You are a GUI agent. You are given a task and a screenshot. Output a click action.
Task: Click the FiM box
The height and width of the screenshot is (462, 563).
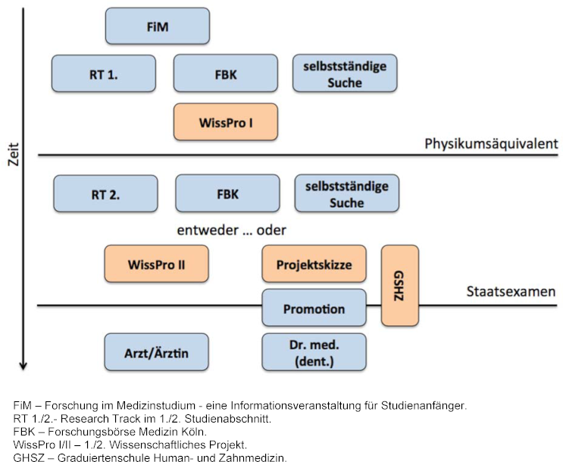(x=157, y=27)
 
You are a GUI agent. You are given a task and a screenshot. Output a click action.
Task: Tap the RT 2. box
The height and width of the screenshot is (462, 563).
(x=105, y=193)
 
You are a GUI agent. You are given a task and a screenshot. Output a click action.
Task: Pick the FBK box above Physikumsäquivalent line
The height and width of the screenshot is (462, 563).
(x=226, y=74)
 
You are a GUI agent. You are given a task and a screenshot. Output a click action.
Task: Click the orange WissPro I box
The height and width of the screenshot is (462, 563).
(x=226, y=122)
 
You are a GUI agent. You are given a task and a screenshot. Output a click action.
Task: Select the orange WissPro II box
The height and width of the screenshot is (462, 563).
(x=157, y=264)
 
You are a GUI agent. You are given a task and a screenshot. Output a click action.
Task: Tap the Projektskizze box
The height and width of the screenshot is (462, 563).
(x=314, y=264)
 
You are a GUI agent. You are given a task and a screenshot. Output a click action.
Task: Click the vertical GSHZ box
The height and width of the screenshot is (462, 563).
(x=399, y=285)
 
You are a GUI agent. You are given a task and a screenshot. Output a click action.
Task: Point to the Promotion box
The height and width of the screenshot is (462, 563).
(x=314, y=309)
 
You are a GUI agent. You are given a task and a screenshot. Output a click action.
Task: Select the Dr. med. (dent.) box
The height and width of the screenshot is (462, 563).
(x=314, y=352)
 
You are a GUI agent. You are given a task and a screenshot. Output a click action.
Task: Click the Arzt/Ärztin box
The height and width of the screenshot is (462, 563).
(x=156, y=352)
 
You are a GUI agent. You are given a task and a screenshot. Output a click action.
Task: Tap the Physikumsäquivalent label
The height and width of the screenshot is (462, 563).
(x=491, y=143)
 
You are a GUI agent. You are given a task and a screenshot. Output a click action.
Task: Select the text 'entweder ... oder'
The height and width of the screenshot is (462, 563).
(x=231, y=230)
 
